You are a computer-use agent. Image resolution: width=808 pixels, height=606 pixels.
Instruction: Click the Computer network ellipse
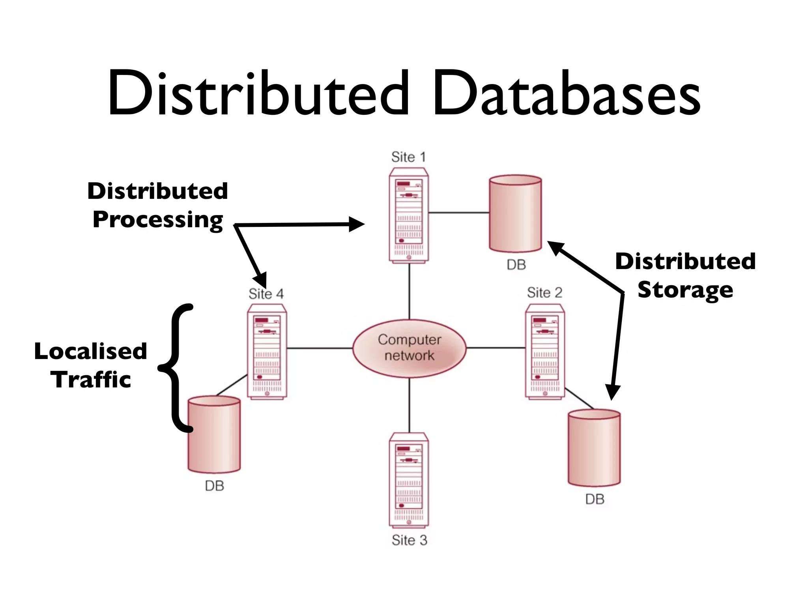409,348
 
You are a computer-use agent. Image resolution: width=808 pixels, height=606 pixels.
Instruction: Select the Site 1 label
408,157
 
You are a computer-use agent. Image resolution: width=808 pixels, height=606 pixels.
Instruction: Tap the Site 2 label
544,293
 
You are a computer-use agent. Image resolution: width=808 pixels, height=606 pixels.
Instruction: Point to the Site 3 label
409,540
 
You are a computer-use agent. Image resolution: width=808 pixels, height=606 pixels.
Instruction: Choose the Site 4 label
266,294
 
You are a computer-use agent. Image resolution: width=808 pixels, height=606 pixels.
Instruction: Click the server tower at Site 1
409,215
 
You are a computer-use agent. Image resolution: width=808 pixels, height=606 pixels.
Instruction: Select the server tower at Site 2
545,351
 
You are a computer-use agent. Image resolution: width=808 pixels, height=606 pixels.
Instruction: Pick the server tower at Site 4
267,351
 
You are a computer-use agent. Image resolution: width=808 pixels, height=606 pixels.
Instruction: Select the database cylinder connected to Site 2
594,448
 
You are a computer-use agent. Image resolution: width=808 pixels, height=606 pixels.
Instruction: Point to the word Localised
90,351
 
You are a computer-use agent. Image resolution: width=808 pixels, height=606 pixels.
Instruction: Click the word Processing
158,220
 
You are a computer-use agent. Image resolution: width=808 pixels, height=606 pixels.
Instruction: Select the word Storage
685,290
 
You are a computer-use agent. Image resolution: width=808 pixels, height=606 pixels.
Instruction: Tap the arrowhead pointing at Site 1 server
357,224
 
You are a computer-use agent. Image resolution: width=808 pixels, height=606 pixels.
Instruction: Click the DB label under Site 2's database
595,499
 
